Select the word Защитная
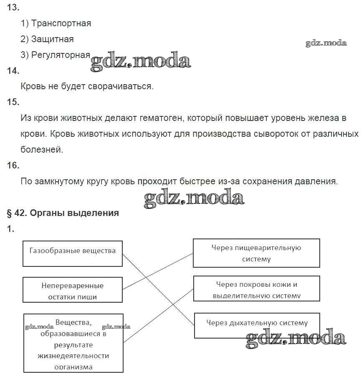pos(53,39)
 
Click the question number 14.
pos(13,71)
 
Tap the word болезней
pos(42,150)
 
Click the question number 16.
pos(13,166)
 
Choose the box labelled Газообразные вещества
pos(73,253)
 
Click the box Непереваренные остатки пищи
pos(73,290)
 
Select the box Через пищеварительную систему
pos(256,253)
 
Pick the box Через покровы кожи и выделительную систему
pos(256,289)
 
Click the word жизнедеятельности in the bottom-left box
pos(73,356)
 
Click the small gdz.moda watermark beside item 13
pos(326,43)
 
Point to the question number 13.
pos(13,8)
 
